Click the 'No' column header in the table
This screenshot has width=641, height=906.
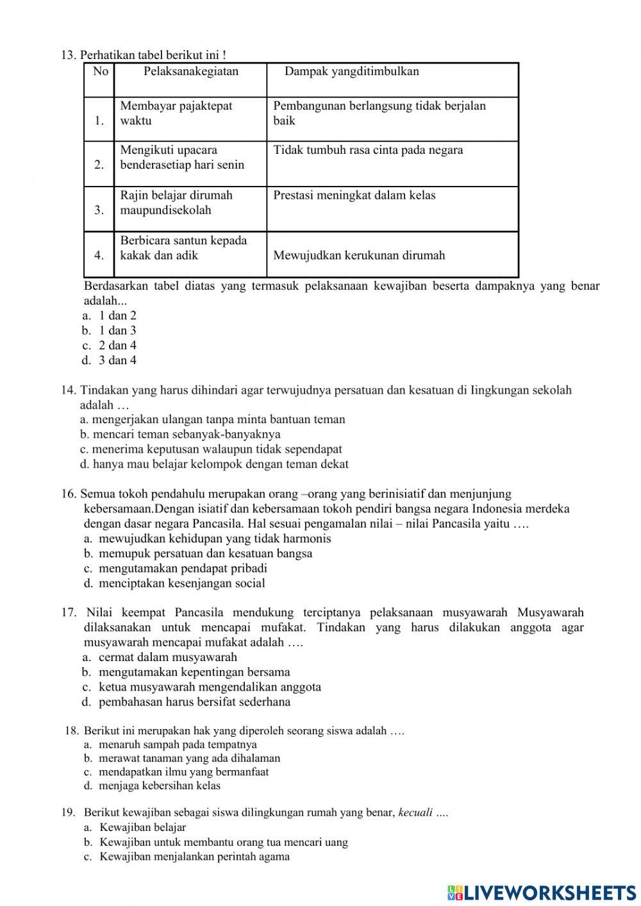[100, 72]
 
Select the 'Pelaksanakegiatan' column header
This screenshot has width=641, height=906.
[190, 72]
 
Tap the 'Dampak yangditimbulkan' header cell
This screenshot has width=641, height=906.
[351, 72]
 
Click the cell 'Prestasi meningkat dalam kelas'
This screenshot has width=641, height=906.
[354, 196]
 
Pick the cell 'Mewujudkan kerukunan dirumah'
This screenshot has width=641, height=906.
[359, 256]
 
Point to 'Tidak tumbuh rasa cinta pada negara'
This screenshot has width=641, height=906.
[368, 151]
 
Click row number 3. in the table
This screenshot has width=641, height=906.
[99, 210]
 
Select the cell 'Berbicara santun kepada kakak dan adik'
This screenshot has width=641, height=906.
[183, 248]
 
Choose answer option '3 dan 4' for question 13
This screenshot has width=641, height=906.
[117, 360]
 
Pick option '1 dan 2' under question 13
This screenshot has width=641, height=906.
[117, 315]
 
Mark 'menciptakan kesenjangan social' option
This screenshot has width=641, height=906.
[181, 583]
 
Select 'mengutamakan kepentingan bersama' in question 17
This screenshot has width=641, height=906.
[194, 672]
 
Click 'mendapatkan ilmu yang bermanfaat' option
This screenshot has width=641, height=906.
[184, 772]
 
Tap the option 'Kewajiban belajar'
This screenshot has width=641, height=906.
[142, 828]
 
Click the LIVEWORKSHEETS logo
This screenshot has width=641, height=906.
[542, 892]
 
